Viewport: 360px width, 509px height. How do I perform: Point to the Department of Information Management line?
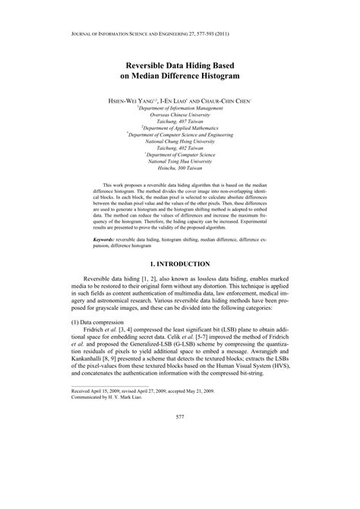[x=180, y=108]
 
